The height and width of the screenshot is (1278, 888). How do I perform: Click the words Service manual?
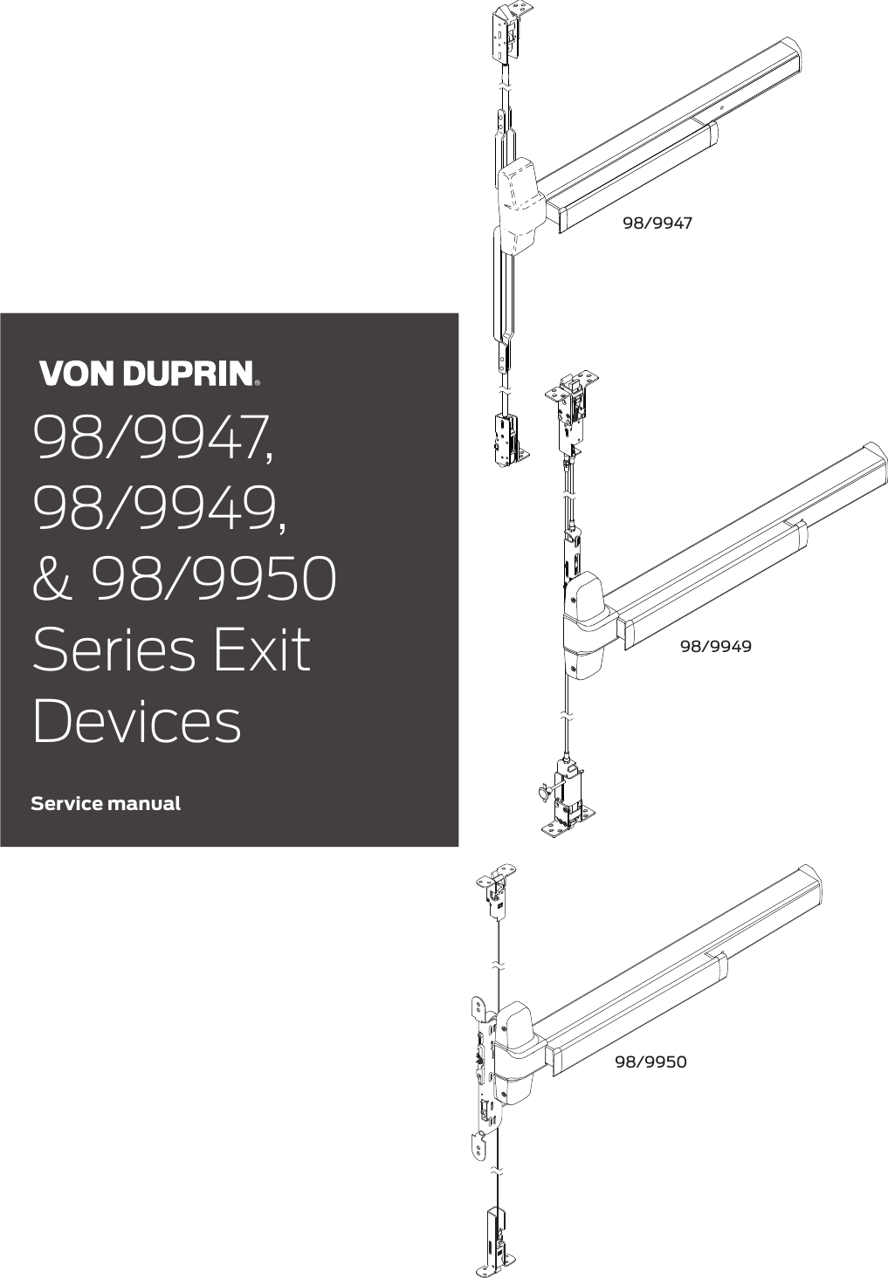pyautogui.click(x=106, y=803)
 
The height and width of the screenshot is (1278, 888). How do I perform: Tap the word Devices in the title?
pyautogui.click(x=136, y=721)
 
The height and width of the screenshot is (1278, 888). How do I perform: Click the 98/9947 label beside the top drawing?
pyautogui.click(x=657, y=223)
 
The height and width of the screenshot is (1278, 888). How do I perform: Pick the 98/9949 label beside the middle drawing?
pyautogui.click(x=715, y=646)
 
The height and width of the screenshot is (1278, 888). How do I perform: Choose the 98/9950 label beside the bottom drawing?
pyautogui.click(x=651, y=1062)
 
